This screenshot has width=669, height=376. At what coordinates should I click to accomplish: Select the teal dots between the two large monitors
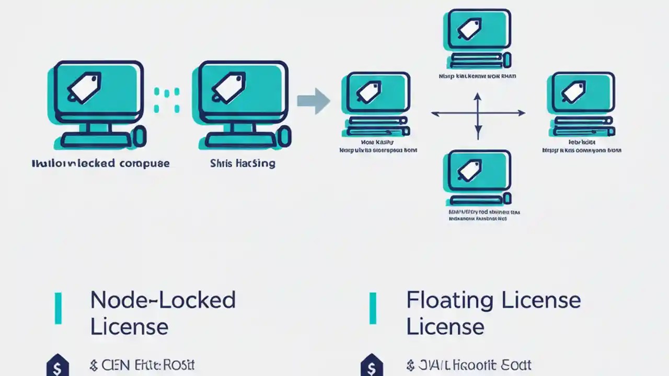[x=167, y=100]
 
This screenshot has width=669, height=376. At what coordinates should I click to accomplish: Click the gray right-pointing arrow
[x=313, y=100]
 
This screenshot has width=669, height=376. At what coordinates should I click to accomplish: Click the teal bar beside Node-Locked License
[x=59, y=309]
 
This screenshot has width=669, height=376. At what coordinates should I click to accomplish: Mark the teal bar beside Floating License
[x=373, y=309]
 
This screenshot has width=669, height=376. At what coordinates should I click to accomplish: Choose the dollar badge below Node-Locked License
[x=57, y=366]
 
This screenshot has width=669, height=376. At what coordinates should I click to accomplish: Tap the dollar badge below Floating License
[x=372, y=366]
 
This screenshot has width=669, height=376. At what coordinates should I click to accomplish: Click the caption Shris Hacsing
[x=243, y=163]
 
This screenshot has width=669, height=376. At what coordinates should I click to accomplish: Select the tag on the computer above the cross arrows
[x=469, y=30]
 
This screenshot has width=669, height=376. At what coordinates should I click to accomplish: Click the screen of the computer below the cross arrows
[x=477, y=172]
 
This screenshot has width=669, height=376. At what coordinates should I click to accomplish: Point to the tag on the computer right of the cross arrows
[x=573, y=92]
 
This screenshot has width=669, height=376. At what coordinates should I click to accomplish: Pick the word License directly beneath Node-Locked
[x=129, y=327]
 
